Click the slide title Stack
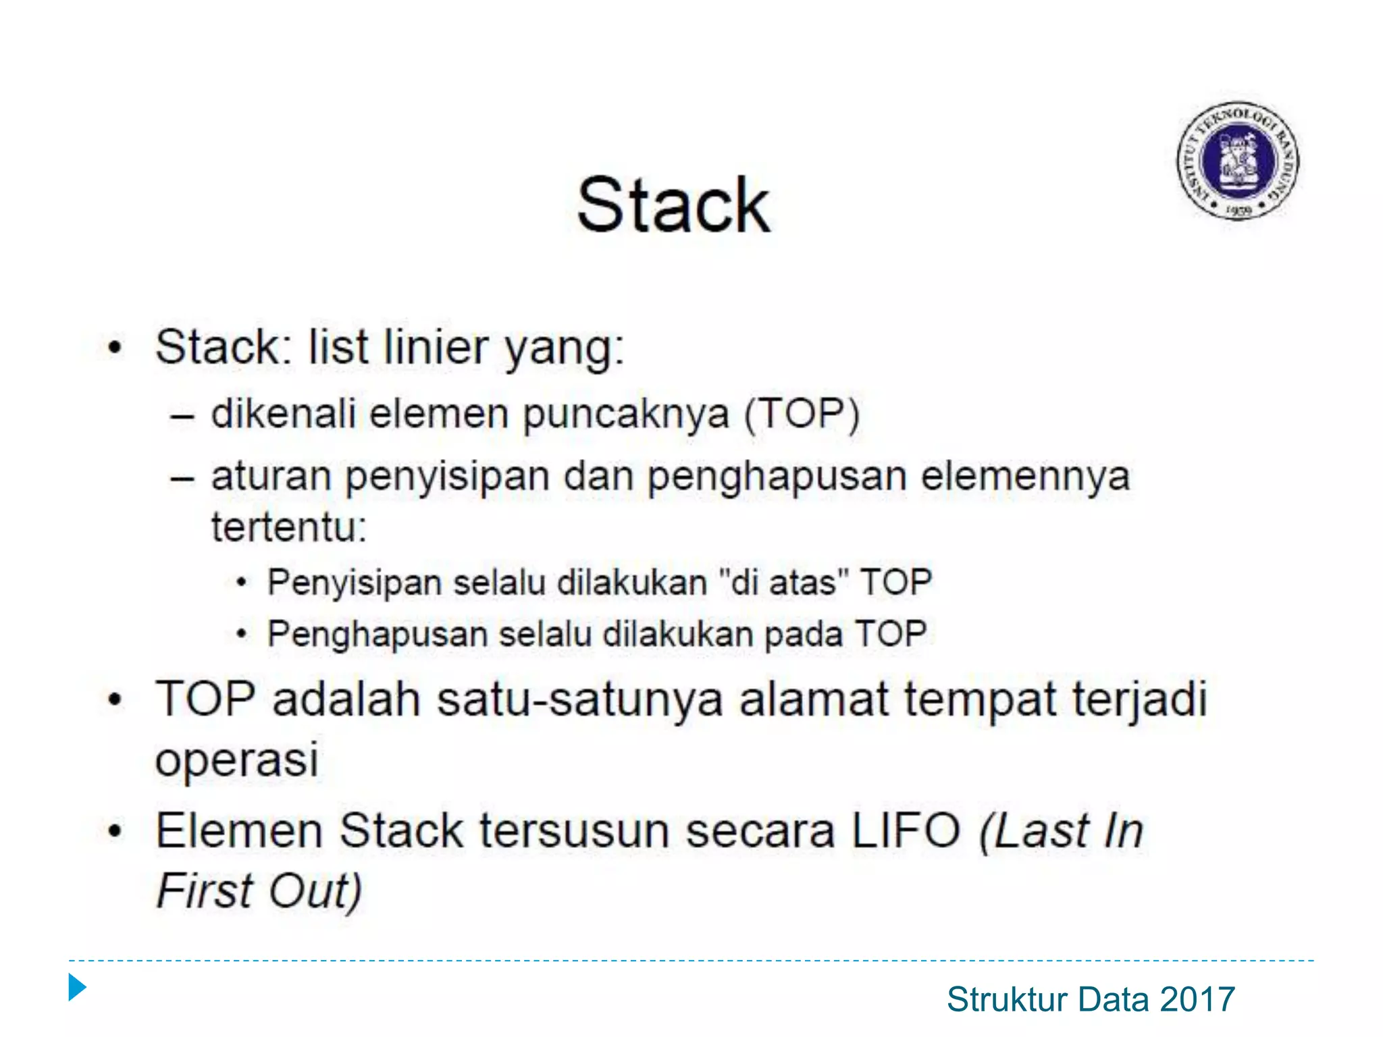(x=673, y=205)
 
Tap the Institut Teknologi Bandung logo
(x=1238, y=161)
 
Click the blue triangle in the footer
(x=77, y=988)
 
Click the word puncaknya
(x=625, y=413)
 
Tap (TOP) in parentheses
(x=802, y=413)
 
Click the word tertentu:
(x=288, y=527)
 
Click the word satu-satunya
(x=580, y=699)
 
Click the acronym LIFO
(x=906, y=830)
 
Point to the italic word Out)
(x=315, y=891)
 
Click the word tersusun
(x=574, y=830)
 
